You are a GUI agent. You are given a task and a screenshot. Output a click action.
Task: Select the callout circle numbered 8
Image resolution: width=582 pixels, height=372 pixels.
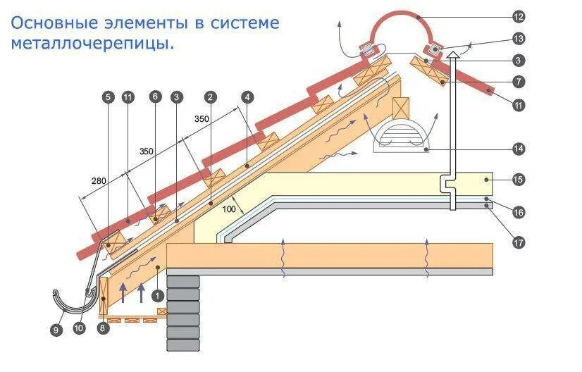click(104, 328)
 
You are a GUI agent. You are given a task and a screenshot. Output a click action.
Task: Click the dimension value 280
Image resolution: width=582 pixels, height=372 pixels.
click(99, 181)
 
